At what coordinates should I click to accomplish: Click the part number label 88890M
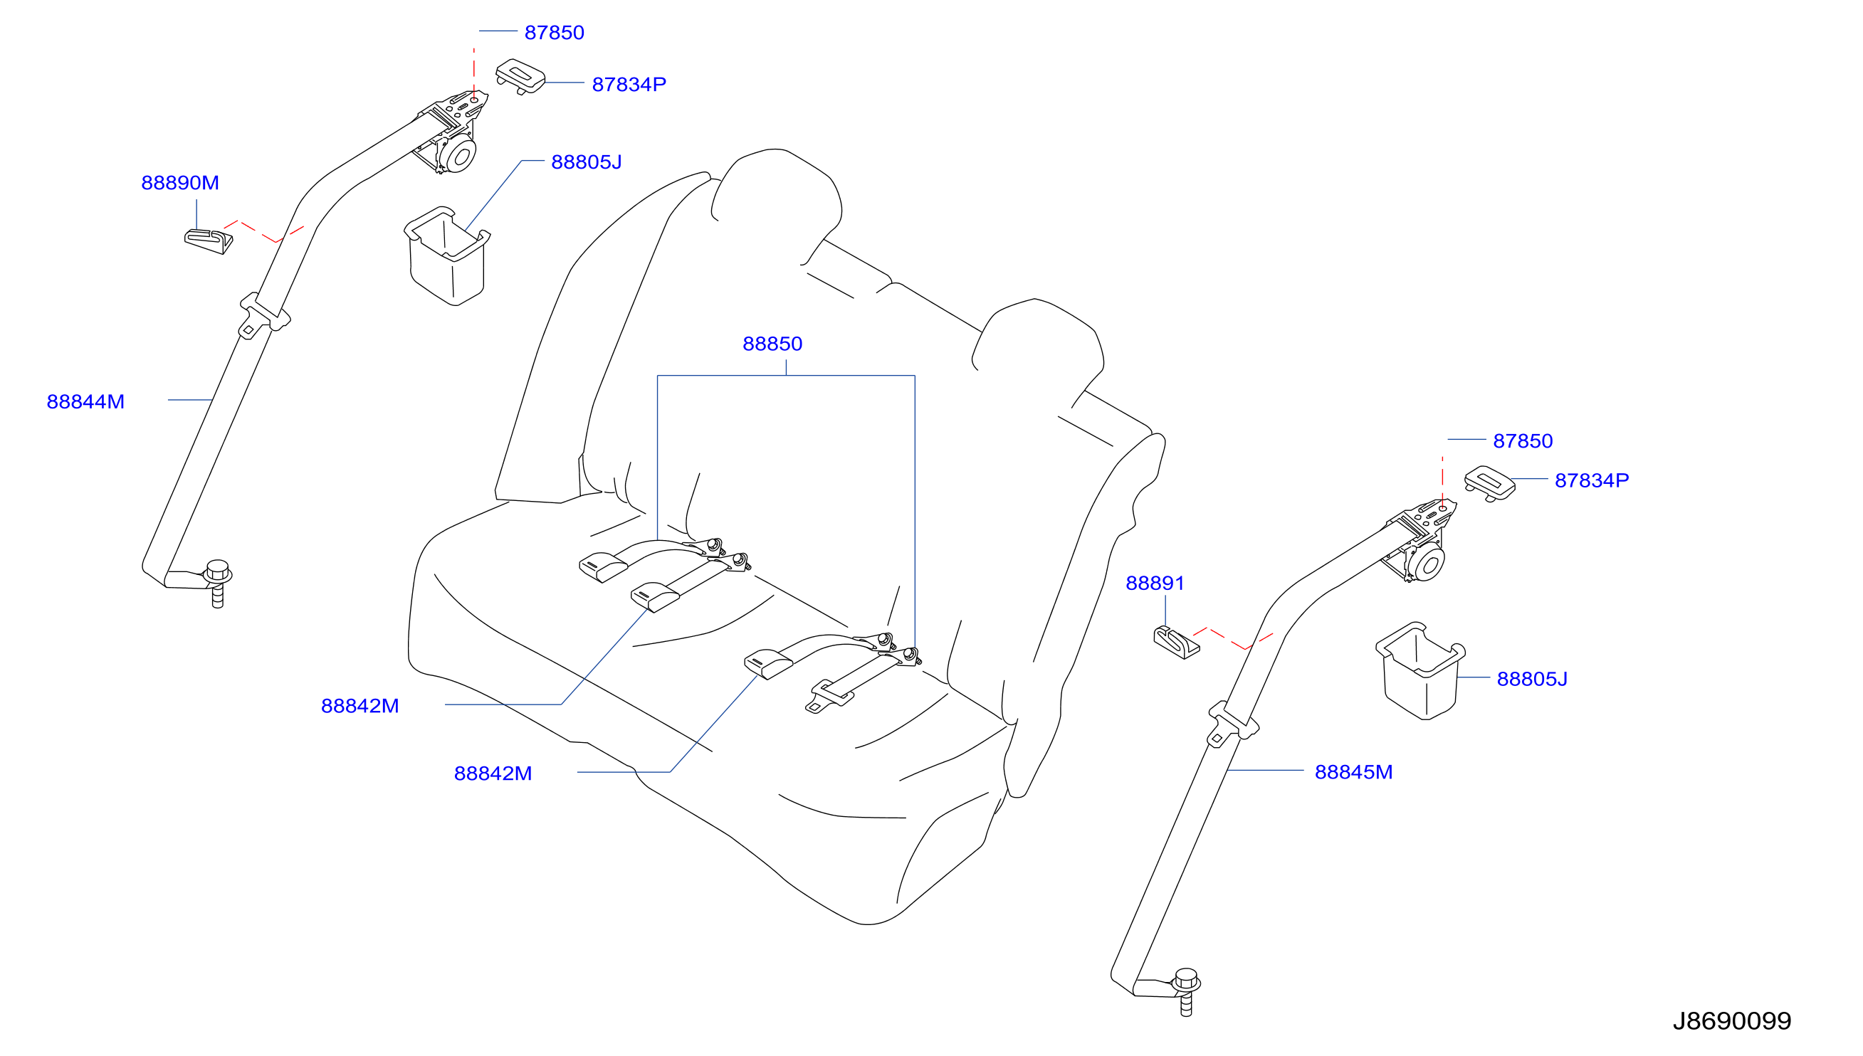[180, 183]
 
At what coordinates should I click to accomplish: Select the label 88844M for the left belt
[85, 402]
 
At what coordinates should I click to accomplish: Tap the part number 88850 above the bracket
[772, 344]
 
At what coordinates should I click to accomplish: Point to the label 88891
[1154, 583]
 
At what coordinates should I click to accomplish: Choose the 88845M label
[1353, 771]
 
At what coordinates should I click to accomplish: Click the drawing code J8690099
[1732, 1021]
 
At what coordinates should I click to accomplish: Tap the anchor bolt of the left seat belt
[218, 583]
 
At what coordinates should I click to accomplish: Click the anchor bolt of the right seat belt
[1186, 991]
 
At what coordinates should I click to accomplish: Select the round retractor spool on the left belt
[459, 154]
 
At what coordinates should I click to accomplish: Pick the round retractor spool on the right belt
[1428, 563]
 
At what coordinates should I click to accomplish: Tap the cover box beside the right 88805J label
[1419, 670]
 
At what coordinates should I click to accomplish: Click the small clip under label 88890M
[208, 241]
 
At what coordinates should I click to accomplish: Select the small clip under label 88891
[1176, 642]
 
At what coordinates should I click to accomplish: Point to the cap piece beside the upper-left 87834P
[520, 76]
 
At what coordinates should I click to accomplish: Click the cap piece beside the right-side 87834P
[1489, 483]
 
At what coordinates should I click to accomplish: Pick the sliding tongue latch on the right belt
[1232, 724]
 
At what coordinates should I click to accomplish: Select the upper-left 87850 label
[555, 33]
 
